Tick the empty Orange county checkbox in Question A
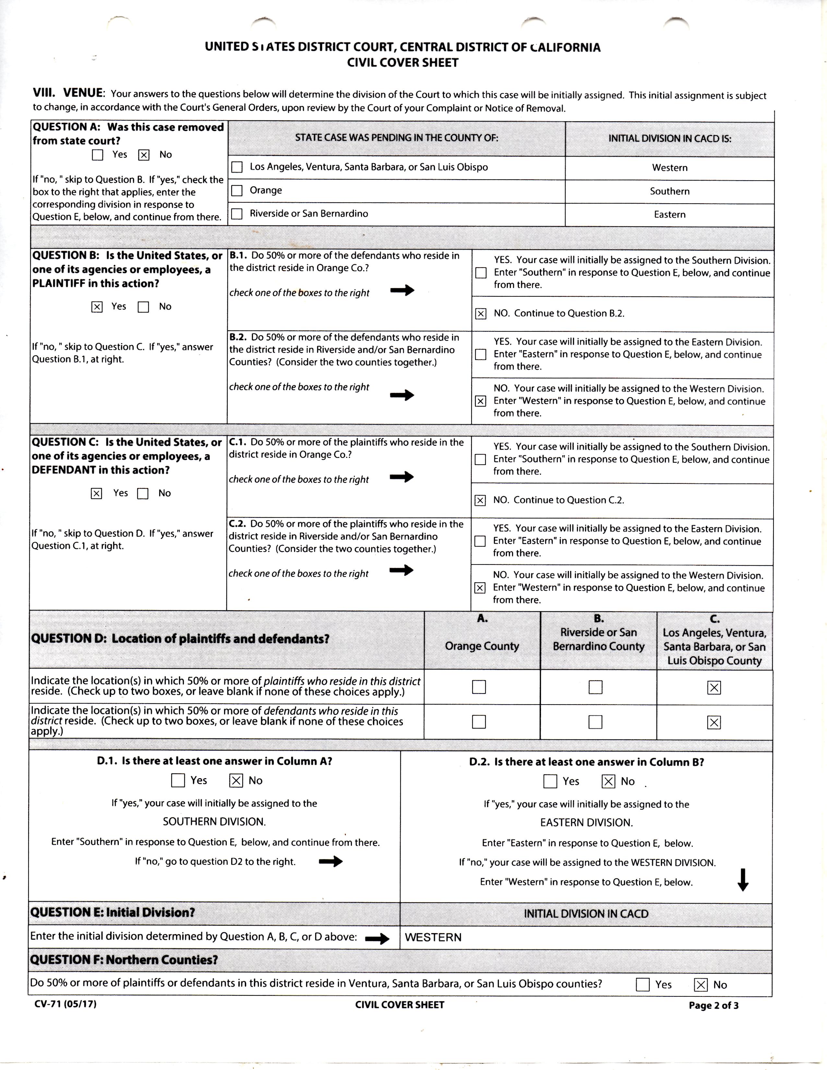tap(237, 191)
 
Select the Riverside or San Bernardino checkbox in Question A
tap(237, 214)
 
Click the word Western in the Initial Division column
tap(669, 168)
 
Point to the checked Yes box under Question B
tap(97, 307)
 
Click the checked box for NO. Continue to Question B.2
tap(481, 314)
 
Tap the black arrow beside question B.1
tap(402, 291)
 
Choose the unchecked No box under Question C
tap(143, 493)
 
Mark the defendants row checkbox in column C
tap(714, 722)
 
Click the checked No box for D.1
tap(236, 780)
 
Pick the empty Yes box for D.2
tap(550, 781)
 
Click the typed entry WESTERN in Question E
tap(433, 937)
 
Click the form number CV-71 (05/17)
tap(65, 1004)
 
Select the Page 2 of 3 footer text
tap(713, 1005)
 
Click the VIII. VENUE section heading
tap(68, 93)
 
